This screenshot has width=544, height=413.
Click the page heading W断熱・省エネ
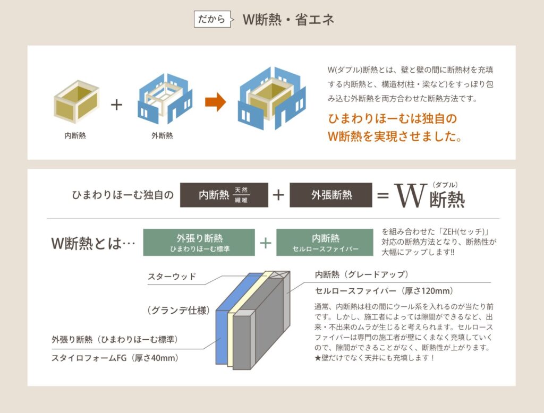click(288, 20)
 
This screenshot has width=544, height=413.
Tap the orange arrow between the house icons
click(215, 102)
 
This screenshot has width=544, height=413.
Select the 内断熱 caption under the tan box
click(75, 135)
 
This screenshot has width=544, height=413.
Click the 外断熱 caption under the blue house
click(161, 135)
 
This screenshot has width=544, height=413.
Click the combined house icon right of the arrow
click(271, 99)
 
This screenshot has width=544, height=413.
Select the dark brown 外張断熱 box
click(330, 195)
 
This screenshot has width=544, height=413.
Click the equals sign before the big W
click(382, 195)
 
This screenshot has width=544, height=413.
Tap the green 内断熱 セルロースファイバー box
click(326, 243)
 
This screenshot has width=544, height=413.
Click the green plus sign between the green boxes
click(266, 243)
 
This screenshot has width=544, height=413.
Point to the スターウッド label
click(172, 277)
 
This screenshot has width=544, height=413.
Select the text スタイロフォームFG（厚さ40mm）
click(115, 358)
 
